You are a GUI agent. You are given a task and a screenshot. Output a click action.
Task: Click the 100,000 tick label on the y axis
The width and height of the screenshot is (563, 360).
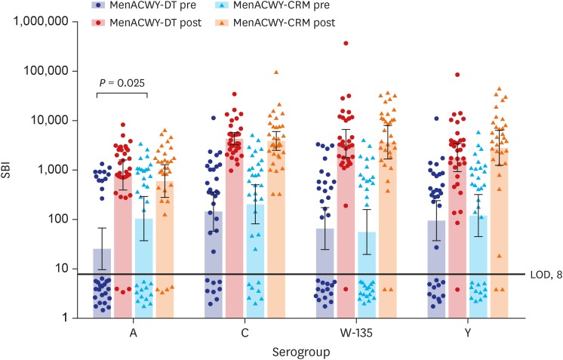pos(48,72)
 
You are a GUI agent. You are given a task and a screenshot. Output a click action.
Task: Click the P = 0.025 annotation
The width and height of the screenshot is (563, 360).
pos(122,82)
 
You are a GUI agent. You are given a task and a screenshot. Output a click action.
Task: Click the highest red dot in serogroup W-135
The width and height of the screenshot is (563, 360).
pos(346,44)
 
